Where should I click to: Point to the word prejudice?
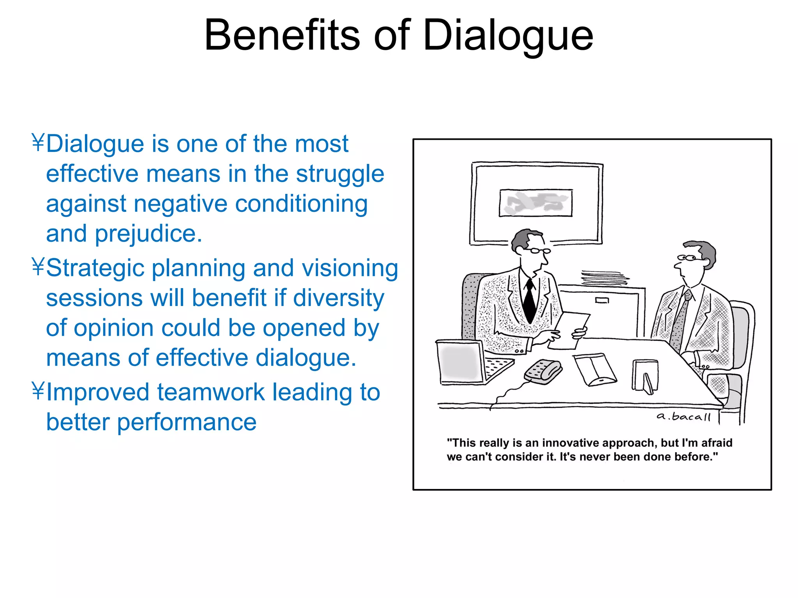coord(148,234)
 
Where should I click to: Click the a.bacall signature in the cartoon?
coord(683,417)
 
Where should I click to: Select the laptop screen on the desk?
coord(460,362)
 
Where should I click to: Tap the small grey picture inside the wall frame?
coord(536,202)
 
